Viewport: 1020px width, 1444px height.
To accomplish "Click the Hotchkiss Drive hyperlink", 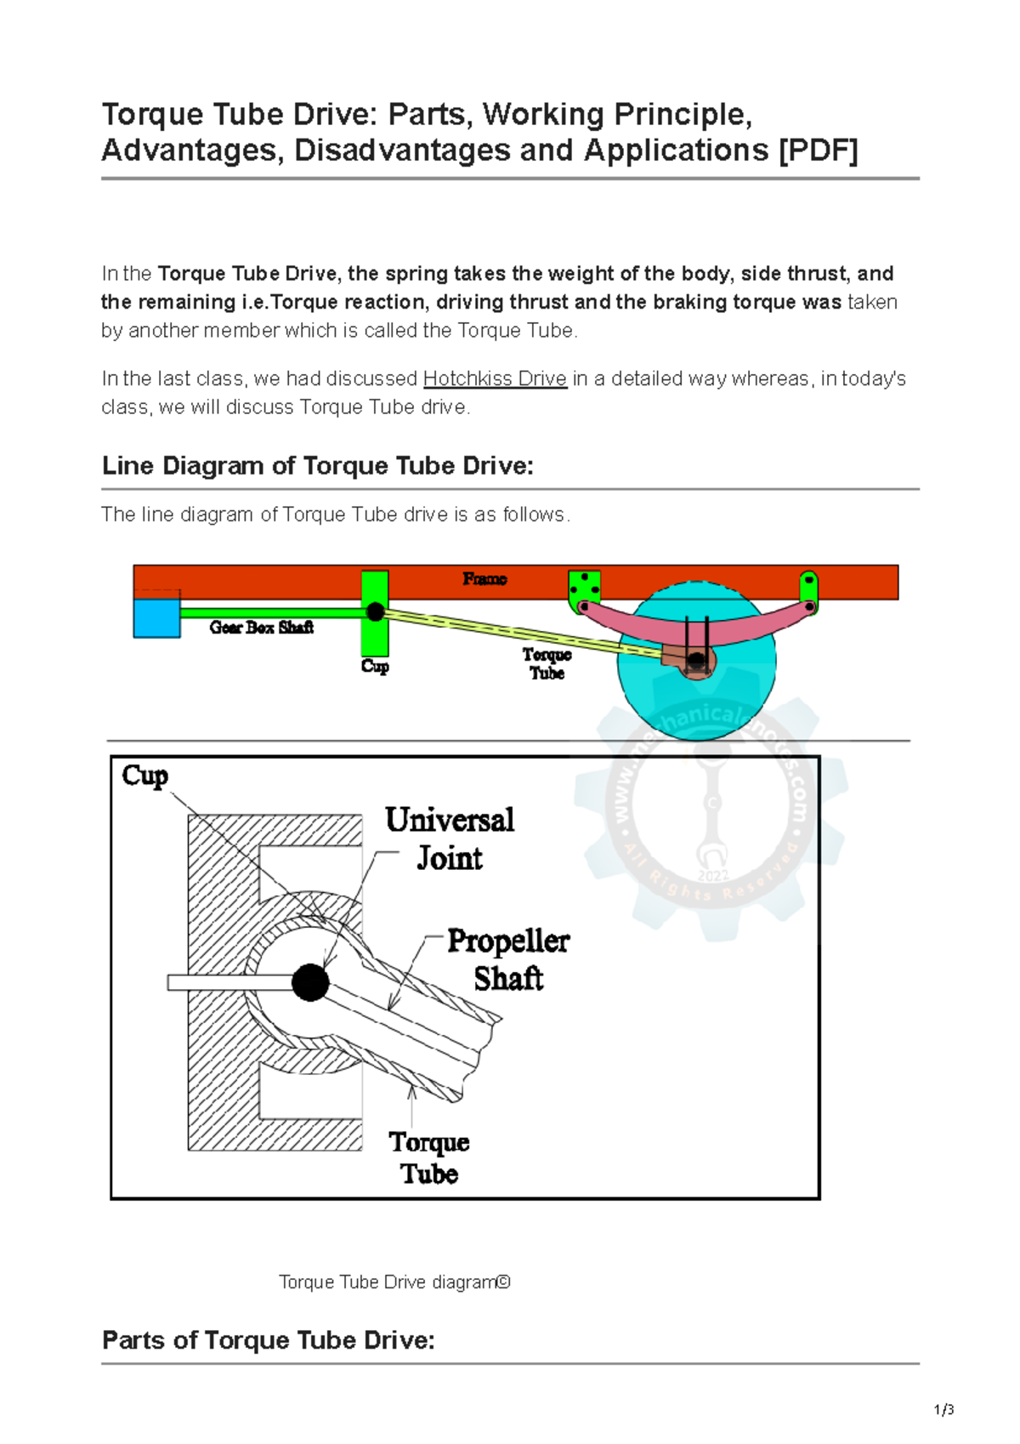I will tap(495, 378).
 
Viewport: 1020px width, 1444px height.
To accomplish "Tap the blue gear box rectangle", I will tap(156, 617).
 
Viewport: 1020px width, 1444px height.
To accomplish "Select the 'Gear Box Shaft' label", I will tap(261, 628).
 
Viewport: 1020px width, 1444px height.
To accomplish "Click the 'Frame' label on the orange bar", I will tap(484, 579).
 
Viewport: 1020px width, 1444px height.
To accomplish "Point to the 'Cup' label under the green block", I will tap(375, 666).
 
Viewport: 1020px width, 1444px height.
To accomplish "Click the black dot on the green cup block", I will tap(375, 611).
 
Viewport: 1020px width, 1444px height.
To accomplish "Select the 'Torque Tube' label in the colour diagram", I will tap(547, 663).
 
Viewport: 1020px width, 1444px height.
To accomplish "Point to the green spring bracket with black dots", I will tap(584, 588).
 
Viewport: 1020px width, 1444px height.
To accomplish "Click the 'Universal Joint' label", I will tap(450, 839).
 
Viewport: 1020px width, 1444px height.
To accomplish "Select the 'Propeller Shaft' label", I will tap(508, 959).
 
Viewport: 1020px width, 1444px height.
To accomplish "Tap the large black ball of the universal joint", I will tap(310, 982).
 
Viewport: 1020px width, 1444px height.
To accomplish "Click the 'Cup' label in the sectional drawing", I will tap(144, 776).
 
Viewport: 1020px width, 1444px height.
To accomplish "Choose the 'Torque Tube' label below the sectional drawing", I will tap(429, 1157).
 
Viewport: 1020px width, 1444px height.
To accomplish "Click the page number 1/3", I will tap(943, 1410).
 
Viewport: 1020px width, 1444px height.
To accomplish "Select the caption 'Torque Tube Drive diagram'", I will tap(394, 1282).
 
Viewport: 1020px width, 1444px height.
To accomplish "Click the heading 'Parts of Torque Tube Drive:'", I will tap(269, 1340).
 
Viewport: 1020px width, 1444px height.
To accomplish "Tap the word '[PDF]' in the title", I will tap(818, 151).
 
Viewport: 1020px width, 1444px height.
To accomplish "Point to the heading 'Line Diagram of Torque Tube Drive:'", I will tap(318, 466).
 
